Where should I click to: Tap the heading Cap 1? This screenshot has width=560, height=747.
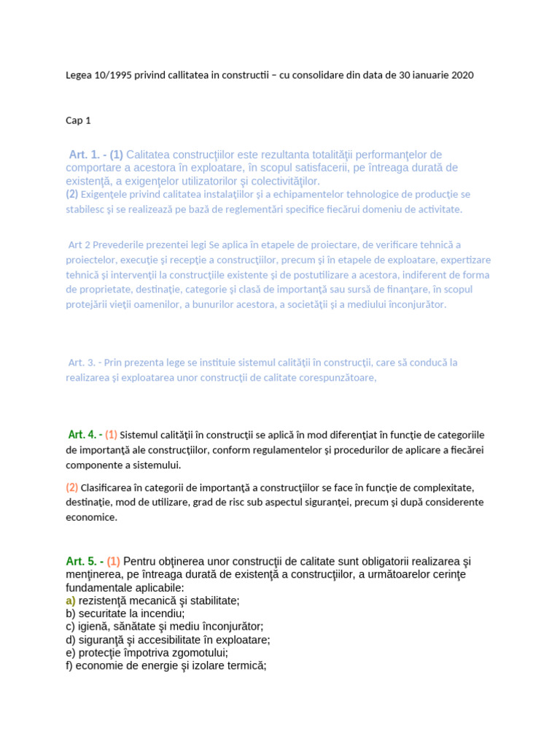pyautogui.click(x=78, y=120)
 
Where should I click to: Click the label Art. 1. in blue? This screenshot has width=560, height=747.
pyautogui.click(x=87, y=155)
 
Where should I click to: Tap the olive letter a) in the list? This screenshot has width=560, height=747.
pyautogui.click(x=71, y=600)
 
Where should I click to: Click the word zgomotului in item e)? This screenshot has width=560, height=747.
pyautogui.click(x=197, y=653)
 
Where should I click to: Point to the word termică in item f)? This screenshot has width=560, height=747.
pyautogui.click(x=246, y=666)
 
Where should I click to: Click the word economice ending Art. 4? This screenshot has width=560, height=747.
pyautogui.click(x=91, y=517)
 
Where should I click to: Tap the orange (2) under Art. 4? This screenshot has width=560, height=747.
pyautogui.click(x=71, y=487)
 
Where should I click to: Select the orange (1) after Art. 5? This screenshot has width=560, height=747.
pyautogui.click(x=113, y=561)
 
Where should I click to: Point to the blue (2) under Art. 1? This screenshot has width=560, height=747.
pyautogui.click(x=71, y=194)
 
